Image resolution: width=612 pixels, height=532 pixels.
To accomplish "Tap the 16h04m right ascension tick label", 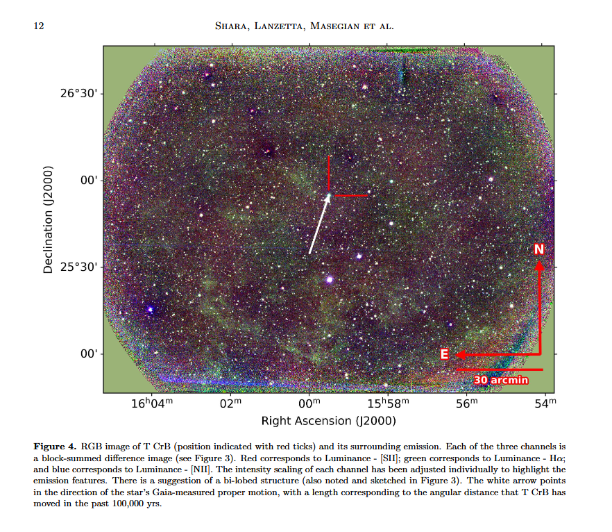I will (149, 404).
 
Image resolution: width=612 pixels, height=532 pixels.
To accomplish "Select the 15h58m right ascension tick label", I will (388, 404).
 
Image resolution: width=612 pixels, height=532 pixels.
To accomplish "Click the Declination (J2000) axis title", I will (49, 219).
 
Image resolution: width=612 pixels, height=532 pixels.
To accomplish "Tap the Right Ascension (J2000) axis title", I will (328, 421).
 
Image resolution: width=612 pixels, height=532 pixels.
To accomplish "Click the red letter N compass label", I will (539, 249).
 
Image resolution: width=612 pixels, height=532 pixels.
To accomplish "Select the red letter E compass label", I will (445, 355).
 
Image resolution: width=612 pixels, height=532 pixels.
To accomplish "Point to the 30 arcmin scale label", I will (501, 380).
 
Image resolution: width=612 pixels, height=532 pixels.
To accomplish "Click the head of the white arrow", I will (328, 196).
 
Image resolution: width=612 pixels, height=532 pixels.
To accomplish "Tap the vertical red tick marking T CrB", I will (329, 172).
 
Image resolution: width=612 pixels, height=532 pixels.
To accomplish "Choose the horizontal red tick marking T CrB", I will (350, 196).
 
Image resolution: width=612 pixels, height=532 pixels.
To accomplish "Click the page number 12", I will (39, 26).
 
